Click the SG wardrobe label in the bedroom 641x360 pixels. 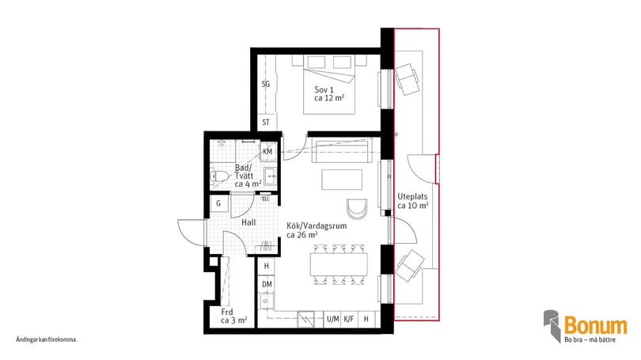pos(266,83)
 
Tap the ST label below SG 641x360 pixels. pos(266,123)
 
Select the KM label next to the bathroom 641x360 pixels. pos(267,151)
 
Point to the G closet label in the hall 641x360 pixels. pos(218,203)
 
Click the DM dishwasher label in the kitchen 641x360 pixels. pos(267,284)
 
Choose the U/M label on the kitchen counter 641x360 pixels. pos(332,319)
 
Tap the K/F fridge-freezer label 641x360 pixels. pos(349,319)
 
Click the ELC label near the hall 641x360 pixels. pos(266,199)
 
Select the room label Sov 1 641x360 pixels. pos(324,89)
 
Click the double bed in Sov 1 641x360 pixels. pos(332,83)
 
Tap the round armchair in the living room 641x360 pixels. pos(357,208)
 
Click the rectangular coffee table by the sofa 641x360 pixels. pos(342,180)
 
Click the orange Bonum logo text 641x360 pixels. pos(594,325)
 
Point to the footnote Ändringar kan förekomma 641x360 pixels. pos(47,339)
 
